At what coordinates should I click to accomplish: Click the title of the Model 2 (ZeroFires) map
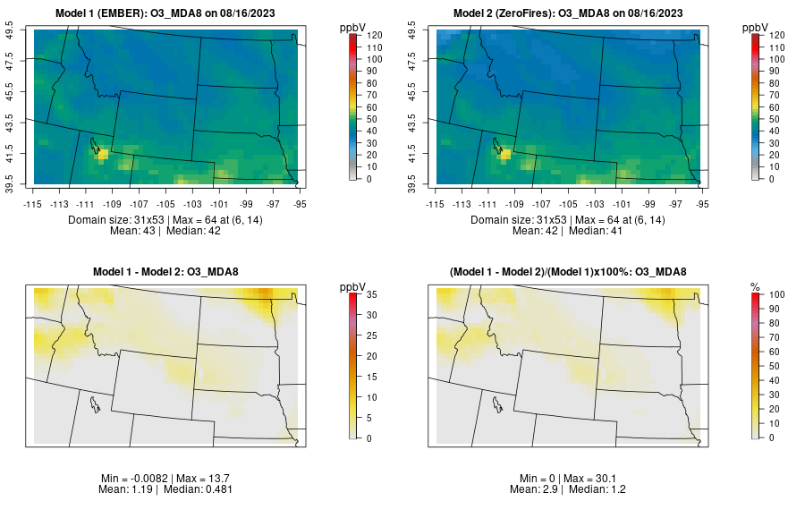571,13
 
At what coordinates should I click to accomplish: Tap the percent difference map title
571,272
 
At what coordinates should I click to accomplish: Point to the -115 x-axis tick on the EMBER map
33,204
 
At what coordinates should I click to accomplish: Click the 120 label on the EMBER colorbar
376,36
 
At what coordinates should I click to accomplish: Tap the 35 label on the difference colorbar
373,293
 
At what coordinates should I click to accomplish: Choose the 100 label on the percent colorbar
777,293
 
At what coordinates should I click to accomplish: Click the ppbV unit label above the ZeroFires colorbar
756,28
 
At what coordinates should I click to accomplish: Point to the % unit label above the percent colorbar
755,286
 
